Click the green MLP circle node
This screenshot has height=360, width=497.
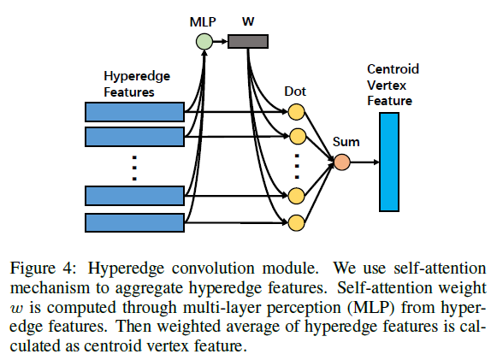pos(204,40)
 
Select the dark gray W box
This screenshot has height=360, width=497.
pos(248,40)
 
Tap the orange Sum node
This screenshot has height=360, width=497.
pos(342,162)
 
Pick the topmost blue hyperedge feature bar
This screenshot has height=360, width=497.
pos(135,111)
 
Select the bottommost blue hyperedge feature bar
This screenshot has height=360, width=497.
pos(135,222)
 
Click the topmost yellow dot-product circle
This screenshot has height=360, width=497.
pos(297,111)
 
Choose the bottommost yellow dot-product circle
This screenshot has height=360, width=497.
pos(297,223)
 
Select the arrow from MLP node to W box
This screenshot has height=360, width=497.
pos(220,40)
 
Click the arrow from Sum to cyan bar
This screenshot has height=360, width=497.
pos(364,162)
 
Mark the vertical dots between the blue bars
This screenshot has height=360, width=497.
pos(134,167)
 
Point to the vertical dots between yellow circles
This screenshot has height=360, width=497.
pos(297,163)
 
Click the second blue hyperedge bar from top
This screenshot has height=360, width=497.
pos(135,137)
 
